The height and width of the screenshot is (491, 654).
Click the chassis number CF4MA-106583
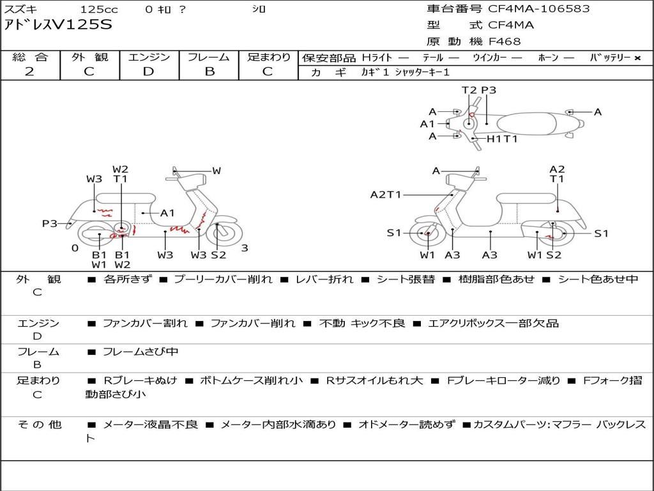(539, 9)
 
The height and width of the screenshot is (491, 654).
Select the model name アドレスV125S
(58, 25)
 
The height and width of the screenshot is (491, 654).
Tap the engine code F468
(505, 42)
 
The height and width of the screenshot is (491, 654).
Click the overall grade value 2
(29, 72)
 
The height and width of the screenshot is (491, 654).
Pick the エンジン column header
(149, 57)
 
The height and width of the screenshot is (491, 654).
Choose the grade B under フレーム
(209, 72)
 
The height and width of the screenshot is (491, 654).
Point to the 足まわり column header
(268, 57)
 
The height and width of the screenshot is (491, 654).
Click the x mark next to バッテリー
(637, 58)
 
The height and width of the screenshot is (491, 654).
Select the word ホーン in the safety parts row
(548, 58)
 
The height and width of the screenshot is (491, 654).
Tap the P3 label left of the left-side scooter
(50, 224)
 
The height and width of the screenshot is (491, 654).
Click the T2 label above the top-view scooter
(469, 90)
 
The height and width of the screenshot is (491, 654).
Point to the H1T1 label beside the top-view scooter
(502, 139)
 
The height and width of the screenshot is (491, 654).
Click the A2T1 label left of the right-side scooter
(386, 194)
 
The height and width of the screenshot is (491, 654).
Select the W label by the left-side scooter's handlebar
(217, 171)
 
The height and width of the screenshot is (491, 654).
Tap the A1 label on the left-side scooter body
(167, 214)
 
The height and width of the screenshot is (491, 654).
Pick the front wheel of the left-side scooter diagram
(218, 234)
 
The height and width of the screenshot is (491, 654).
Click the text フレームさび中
(141, 352)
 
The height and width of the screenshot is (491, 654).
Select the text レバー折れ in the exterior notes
(324, 279)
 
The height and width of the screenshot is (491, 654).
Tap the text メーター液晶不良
(150, 425)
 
